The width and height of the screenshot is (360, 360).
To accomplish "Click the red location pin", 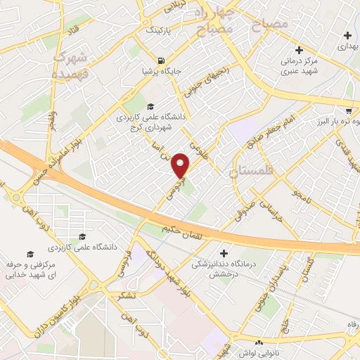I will (181, 166).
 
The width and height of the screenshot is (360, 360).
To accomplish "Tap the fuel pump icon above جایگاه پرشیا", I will (163, 60).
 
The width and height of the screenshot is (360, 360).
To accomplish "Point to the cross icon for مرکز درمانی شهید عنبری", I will (300, 50).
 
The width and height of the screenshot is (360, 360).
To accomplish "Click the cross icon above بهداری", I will (347, 35).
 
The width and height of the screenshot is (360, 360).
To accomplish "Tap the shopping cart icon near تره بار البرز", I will (349, 110).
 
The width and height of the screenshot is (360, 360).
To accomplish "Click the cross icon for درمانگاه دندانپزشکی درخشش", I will (224, 253).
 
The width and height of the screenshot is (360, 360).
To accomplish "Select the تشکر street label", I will (128, 294).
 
